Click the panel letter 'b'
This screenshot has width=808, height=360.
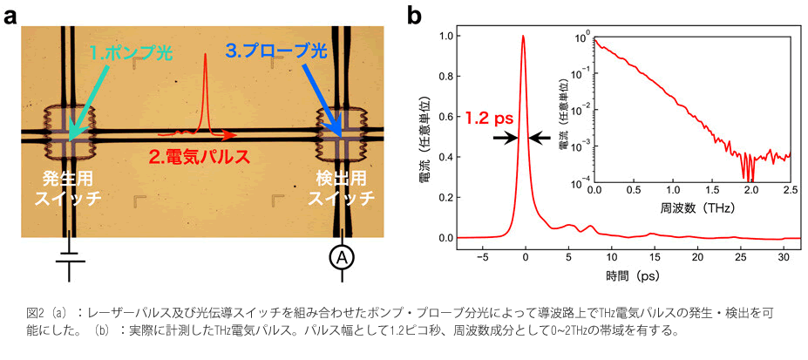click(416, 15)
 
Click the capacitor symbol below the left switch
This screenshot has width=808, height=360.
click(68, 258)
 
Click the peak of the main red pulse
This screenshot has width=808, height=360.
click(523, 37)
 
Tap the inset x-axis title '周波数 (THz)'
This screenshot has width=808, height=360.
click(692, 210)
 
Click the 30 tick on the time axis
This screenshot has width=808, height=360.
click(782, 255)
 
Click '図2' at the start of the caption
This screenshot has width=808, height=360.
click(34, 312)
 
